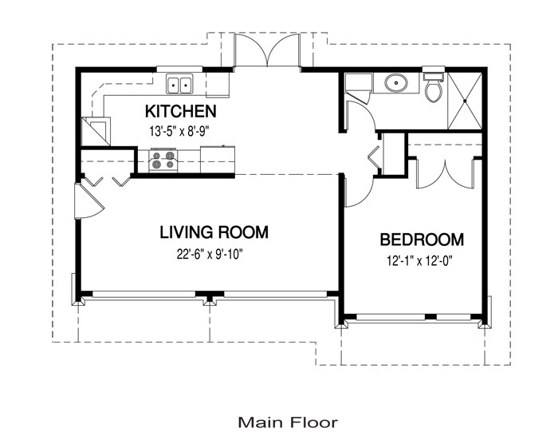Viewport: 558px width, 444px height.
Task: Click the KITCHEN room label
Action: (x=180, y=111)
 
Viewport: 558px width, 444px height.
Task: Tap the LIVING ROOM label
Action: (x=214, y=232)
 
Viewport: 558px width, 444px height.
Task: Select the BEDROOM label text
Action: (x=422, y=240)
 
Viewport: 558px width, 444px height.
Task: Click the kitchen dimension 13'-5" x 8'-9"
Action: (x=179, y=131)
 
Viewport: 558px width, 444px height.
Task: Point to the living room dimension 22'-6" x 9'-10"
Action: (x=210, y=254)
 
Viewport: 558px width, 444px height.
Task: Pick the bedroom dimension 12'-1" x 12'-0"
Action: (x=419, y=261)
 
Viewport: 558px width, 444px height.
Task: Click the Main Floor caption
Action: (x=288, y=422)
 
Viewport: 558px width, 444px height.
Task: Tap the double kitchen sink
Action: (x=179, y=85)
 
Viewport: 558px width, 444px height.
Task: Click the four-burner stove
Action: (x=163, y=160)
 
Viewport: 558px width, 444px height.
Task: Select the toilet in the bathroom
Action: (x=434, y=88)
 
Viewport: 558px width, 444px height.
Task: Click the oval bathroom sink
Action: (x=395, y=84)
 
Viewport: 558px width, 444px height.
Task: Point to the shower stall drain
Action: (x=465, y=101)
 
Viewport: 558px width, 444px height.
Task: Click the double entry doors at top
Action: (x=266, y=50)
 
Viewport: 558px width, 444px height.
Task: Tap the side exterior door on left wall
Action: (x=88, y=201)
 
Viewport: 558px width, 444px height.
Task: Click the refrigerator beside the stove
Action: (x=218, y=160)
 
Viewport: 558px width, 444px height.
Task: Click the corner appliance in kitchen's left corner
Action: (x=96, y=131)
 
